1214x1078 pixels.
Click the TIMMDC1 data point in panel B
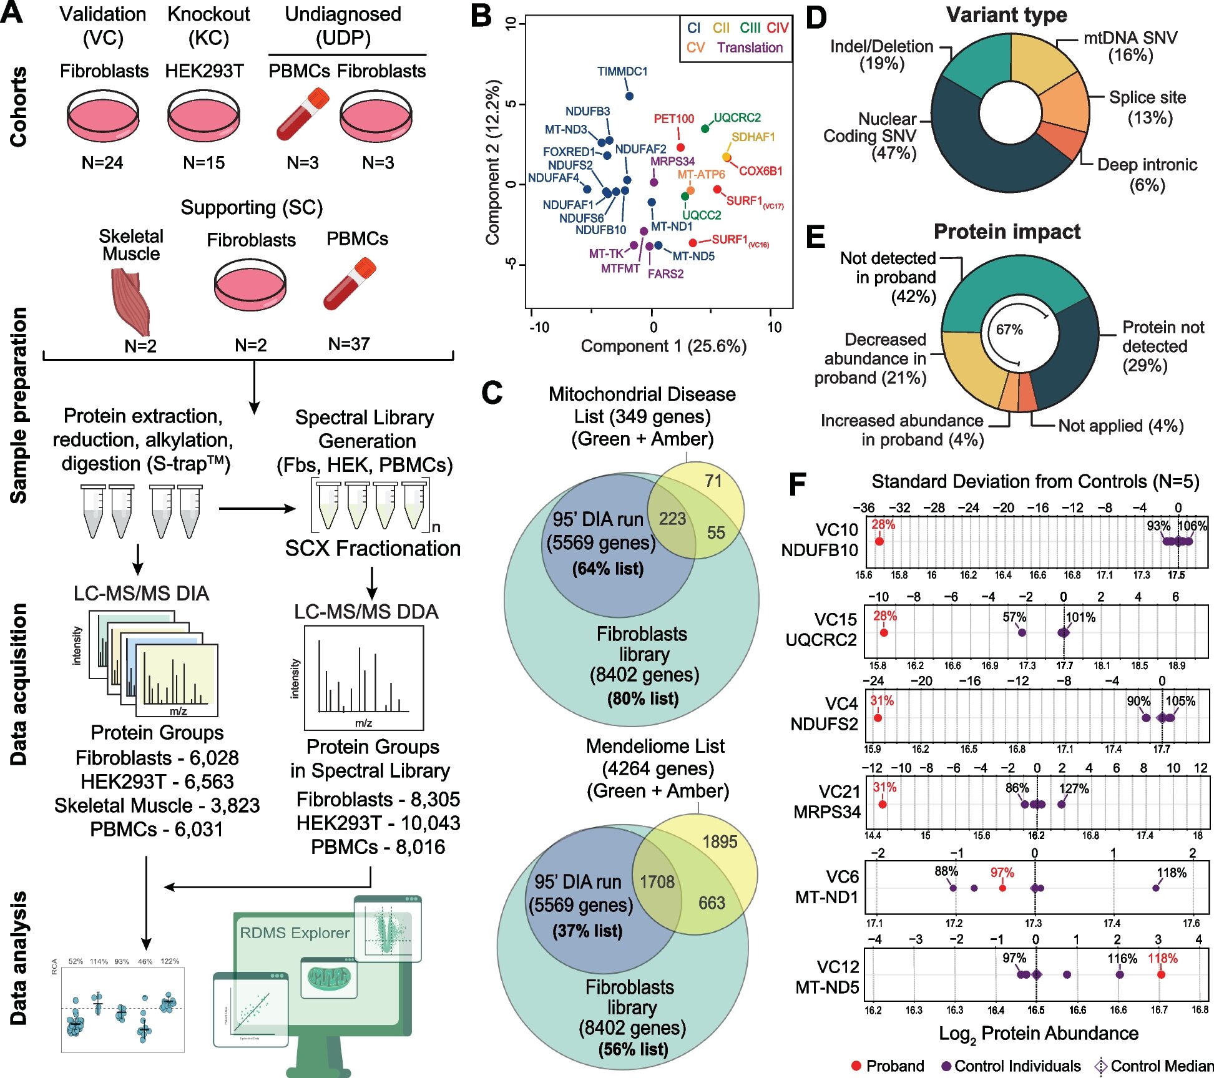[x=629, y=96]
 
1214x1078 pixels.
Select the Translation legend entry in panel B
[x=750, y=47]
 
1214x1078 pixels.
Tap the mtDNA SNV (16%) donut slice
[x=1039, y=62]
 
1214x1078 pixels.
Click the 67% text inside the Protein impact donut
[x=1009, y=330]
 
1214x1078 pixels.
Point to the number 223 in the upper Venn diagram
[x=672, y=519]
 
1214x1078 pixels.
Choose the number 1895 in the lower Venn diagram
[x=720, y=841]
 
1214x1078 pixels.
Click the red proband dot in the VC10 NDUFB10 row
[x=879, y=541]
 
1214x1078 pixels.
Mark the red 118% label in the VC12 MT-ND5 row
[x=1162, y=958]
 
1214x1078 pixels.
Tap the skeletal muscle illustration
[x=131, y=301]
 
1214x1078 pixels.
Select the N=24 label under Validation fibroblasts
[x=102, y=163]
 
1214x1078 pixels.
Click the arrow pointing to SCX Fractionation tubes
[x=257, y=509]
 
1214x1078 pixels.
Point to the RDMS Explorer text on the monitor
[x=295, y=933]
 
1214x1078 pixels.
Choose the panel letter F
[x=797, y=484]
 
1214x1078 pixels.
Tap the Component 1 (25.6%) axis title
[x=663, y=346]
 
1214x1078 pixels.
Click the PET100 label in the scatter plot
[x=673, y=119]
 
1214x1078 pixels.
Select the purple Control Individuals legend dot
[x=946, y=1066]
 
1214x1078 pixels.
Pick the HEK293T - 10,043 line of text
[x=378, y=823]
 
